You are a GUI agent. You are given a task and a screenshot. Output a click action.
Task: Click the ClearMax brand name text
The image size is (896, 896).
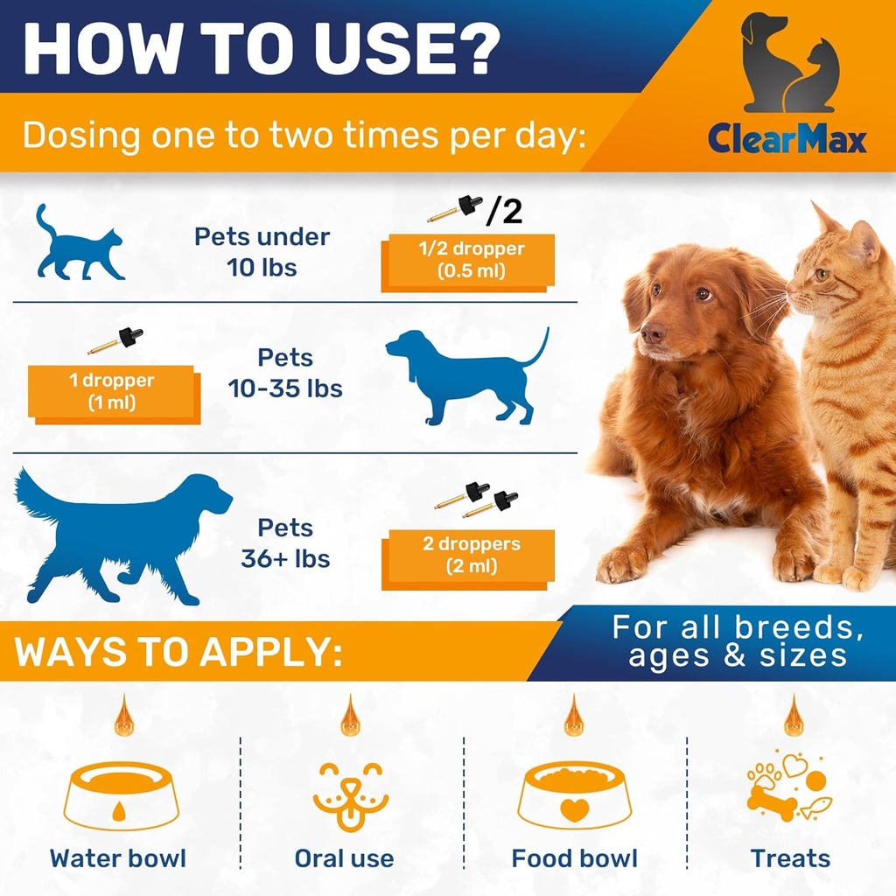(x=787, y=139)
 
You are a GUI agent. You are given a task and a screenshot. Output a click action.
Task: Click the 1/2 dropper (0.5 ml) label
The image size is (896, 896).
(x=468, y=260)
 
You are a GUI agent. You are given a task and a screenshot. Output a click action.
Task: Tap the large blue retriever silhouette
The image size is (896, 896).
(x=122, y=534)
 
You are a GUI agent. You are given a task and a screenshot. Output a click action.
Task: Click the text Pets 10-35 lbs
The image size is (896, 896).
(x=285, y=373)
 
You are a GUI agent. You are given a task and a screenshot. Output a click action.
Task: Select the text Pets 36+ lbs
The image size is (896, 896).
(x=285, y=543)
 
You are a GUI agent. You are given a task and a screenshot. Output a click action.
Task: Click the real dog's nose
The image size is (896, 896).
(x=652, y=332)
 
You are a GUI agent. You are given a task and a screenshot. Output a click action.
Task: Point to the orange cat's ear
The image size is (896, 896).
(x=863, y=241)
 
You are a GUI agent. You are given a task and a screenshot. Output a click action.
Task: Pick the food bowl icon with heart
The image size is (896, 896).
(x=574, y=796)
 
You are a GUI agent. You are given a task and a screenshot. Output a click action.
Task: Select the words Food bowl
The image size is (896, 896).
(x=574, y=858)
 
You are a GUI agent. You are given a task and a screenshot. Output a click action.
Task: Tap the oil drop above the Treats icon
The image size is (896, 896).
(x=794, y=715)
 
